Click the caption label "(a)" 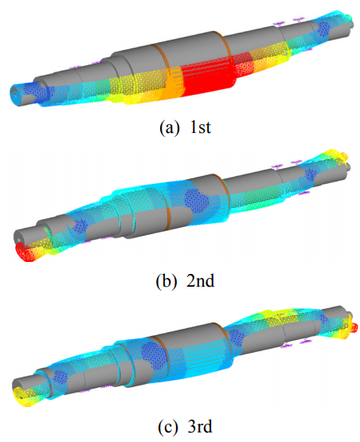[x=169, y=127]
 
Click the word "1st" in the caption [x=201, y=127]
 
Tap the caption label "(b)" [x=166, y=281]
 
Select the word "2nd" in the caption [x=201, y=280]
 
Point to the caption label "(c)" [x=168, y=427]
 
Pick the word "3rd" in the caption [x=200, y=426]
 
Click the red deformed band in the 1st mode [x=209, y=78]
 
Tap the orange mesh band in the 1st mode [x=172, y=84]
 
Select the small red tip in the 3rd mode [x=354, y=327]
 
